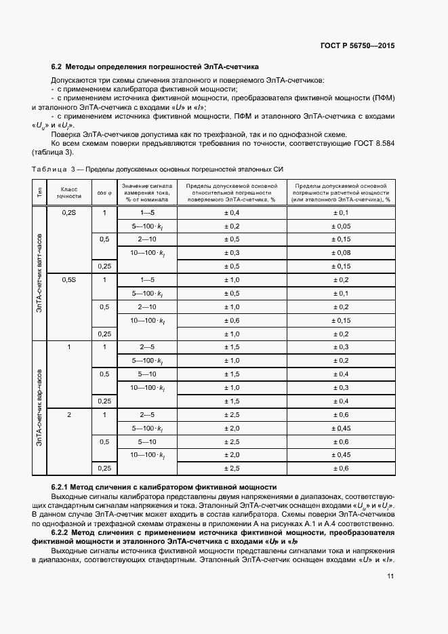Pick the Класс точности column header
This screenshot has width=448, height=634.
tap(70, 192)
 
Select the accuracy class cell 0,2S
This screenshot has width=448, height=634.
tap(70, 213)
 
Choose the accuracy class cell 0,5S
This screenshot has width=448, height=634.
tap(70, 279)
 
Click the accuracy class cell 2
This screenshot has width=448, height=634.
tap(70, 414)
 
